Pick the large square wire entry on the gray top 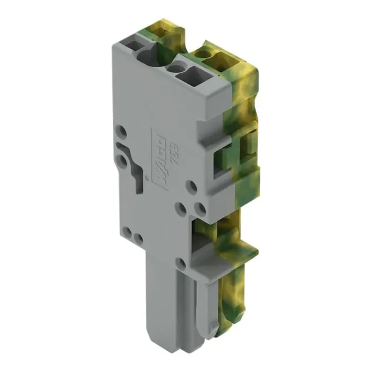point(190,78)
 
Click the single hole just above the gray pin point(181,261)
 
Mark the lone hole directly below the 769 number point(190,185)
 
